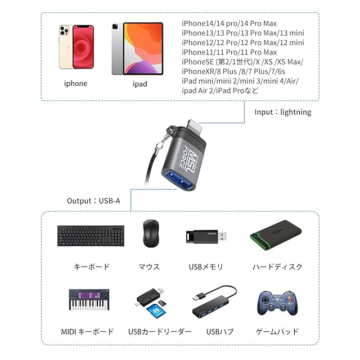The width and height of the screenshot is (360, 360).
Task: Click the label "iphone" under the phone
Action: [75, 84]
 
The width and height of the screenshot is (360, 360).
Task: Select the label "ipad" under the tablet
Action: [139, 84]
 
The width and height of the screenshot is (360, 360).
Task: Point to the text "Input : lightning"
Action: [283, 112]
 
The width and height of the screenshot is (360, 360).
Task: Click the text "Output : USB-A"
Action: [93, 200]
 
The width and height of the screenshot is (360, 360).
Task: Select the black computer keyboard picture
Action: [91, 236]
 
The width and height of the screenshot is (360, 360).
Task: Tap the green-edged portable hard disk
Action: [276, 235]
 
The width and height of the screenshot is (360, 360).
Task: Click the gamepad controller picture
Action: [277, 302]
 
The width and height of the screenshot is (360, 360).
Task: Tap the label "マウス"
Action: [149, 267]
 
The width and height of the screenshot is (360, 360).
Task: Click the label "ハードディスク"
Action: [277, 267]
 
